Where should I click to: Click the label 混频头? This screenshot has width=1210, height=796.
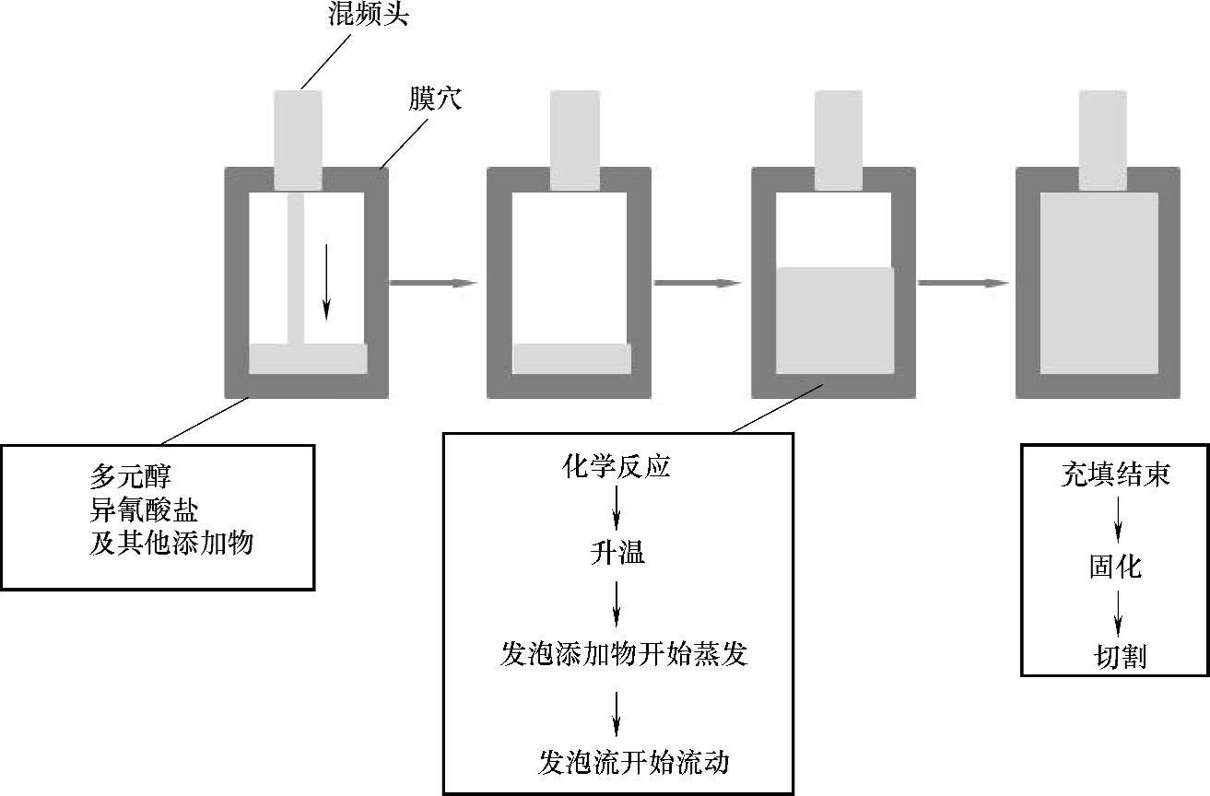(368, 17)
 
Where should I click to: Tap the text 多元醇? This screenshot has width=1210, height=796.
(131, 477)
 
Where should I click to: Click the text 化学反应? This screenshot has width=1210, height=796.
(616, 467)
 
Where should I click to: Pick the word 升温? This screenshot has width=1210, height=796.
(617, 553)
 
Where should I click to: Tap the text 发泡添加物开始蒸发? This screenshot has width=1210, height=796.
(623, 655)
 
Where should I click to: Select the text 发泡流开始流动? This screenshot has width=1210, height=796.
(634, 762)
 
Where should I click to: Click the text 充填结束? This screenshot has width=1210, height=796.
(1116, 475)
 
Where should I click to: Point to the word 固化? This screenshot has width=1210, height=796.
(1115, 567)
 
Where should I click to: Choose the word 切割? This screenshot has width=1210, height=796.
(1120, 657)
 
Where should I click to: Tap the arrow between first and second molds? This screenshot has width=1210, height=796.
(433, 283)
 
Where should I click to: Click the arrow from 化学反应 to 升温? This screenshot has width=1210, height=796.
(617, 509)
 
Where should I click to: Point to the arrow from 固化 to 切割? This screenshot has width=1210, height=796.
(1118, 612)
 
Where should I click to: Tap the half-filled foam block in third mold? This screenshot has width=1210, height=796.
(835, 321)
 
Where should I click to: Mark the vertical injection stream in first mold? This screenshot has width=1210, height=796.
(296, 267)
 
